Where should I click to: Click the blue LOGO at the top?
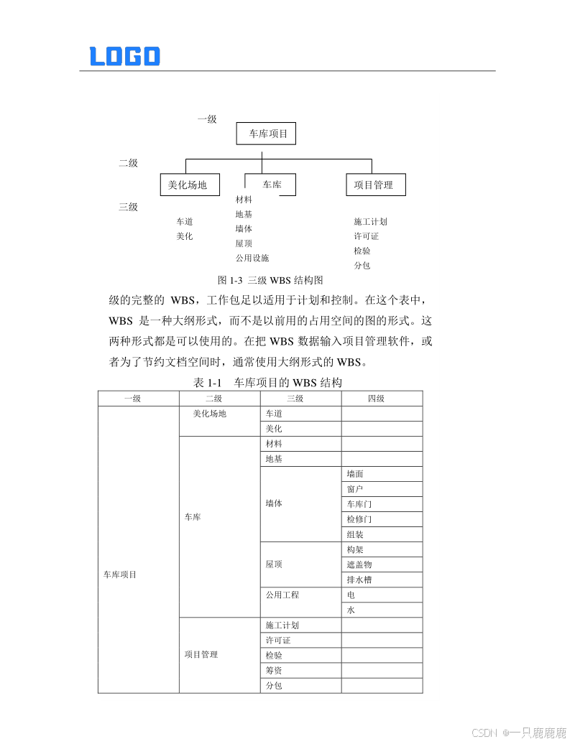click(x=124, y=56)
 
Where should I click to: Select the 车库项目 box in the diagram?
click(x=266, y=134)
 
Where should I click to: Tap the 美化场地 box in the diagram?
click(x=188, y=185)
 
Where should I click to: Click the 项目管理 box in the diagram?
click(x=375, y=185)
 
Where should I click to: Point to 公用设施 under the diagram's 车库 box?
click(x=252, y=258)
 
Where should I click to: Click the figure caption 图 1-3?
click(x=270, y=280)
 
